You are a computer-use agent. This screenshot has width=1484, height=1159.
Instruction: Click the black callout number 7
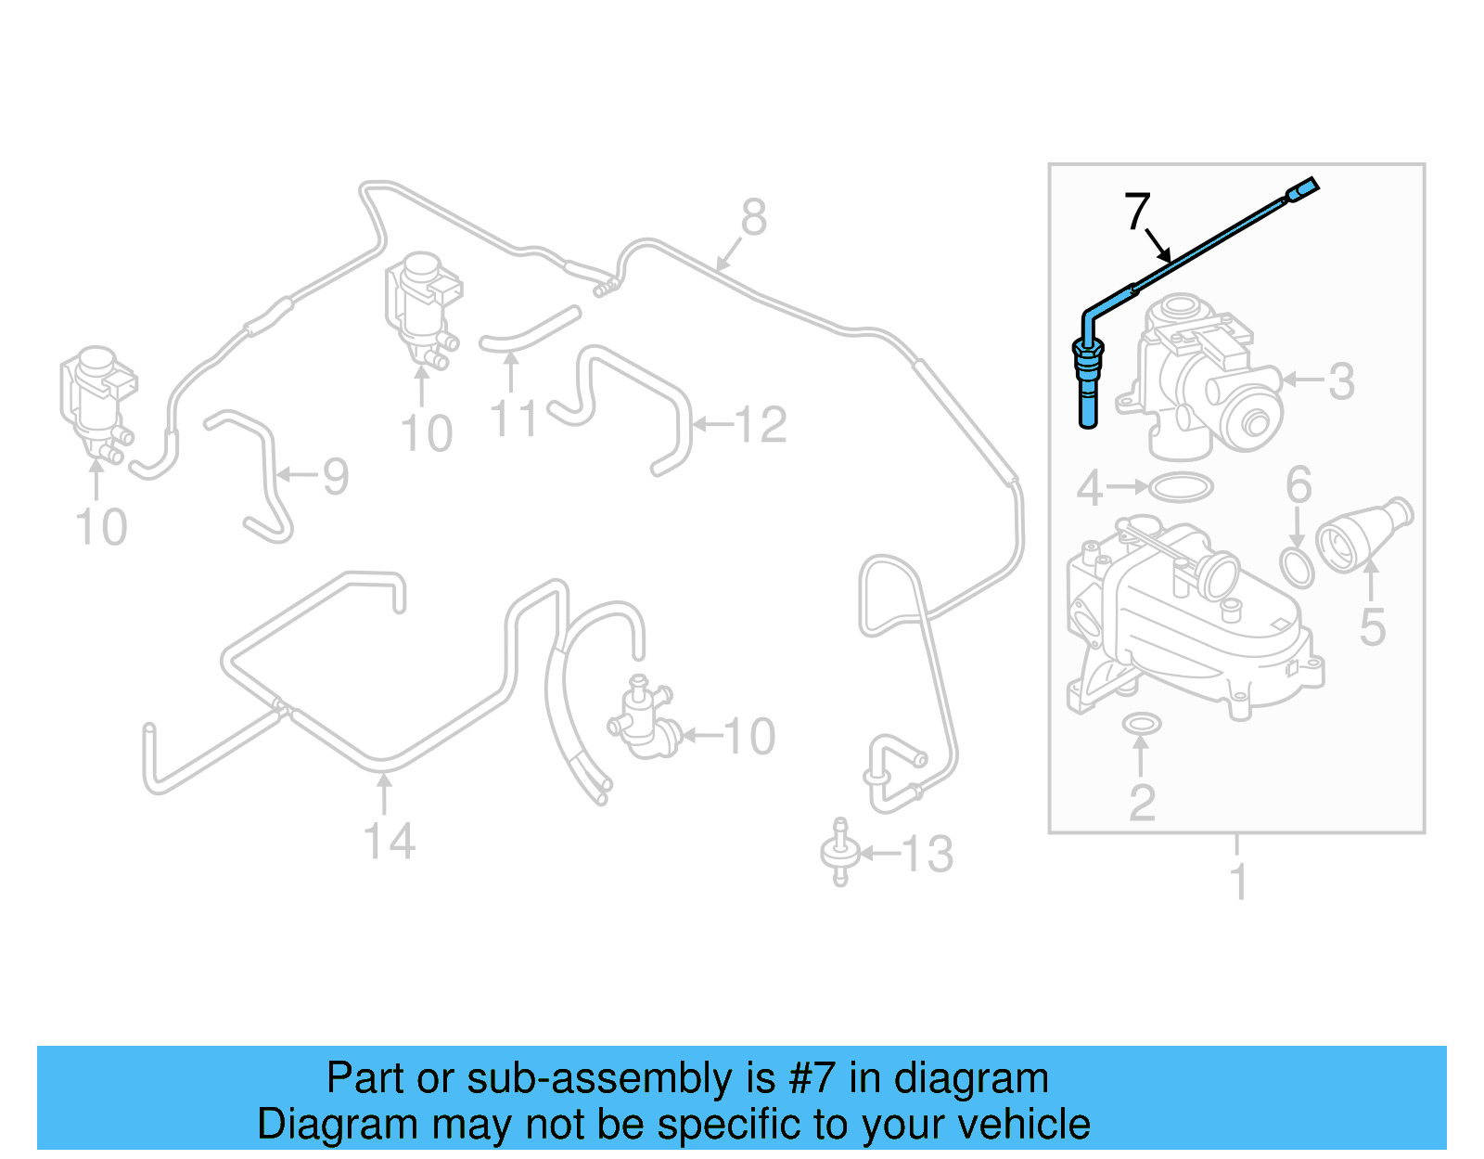(x=1137, y=212)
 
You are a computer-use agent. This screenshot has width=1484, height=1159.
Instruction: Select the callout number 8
(x=753, y=218)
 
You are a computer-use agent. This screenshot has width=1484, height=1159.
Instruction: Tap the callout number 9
(x=335, y=477)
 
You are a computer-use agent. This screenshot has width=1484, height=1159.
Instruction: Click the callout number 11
(x=513, y=419)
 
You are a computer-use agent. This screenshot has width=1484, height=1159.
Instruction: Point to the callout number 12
(x=761, y=425)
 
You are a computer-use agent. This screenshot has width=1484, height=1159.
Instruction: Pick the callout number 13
(x=927, y=855)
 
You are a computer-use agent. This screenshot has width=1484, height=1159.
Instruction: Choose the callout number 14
(x=389, y=842)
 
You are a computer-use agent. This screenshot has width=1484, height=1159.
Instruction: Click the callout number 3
(x=1341, y=381)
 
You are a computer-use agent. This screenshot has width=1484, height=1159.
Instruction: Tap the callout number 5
(x=1372, y=627)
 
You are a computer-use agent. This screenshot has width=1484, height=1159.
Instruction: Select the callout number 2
(x=1142, y=803)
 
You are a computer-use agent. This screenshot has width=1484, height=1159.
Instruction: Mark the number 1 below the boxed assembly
(x=1238, y=881)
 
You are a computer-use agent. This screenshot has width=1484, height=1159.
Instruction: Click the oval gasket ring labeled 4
(x=1181, y=487)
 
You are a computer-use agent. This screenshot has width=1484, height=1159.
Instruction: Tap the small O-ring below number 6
(x=1297, y=567)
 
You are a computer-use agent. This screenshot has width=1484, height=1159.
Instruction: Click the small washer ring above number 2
(x=1141, y=723)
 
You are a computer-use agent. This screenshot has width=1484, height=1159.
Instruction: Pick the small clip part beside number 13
(x=839, y=852)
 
